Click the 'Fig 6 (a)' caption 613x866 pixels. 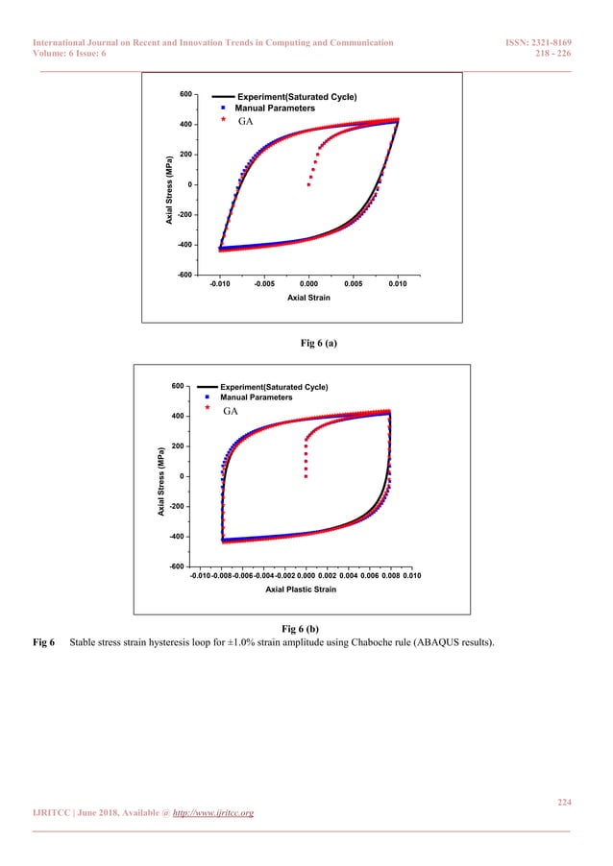coord(306,341)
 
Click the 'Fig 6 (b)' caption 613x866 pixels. coord(306,628)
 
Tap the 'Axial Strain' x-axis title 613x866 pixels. coord(307,299)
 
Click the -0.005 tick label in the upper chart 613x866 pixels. coord(264,284)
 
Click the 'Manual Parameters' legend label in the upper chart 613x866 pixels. coord(275,108)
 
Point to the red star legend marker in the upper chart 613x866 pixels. coord(223,122)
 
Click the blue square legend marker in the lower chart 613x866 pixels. coord(208,397)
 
